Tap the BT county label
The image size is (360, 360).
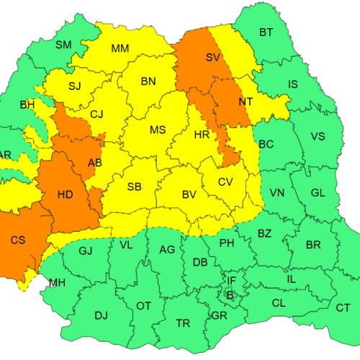(266, 32)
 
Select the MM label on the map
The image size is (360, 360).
(120, 49)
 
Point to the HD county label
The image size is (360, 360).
(65, 194)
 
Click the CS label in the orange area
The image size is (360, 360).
(17, 240)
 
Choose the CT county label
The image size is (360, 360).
(343, 307)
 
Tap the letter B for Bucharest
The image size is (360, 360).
(230, 294)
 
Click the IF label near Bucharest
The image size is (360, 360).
(231, 280)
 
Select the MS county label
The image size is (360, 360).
(158, 130)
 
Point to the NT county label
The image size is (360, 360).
(246, 102)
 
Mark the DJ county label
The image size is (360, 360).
(101, 315)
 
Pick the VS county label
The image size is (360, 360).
(318, 137)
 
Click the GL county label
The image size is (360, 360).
(318, 192)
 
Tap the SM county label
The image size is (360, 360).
(63, 45)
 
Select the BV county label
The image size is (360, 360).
(189, 194)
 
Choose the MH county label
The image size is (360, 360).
(57, 282)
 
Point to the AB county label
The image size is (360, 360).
(94, 163)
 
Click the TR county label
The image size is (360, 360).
(183, 323)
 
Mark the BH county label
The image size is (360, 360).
(27, 105)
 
